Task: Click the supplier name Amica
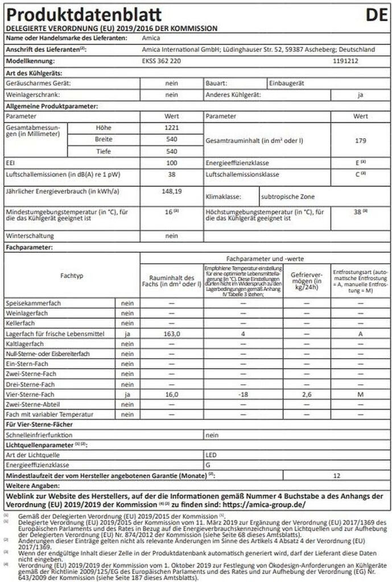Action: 148,38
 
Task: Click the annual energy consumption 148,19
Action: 171,192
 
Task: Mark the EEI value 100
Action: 171,163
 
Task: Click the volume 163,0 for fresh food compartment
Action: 172,334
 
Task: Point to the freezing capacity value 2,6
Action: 307,393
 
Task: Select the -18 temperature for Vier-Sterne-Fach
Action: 243,393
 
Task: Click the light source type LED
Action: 211,455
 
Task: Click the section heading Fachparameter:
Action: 29,248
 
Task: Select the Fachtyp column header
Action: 72,275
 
